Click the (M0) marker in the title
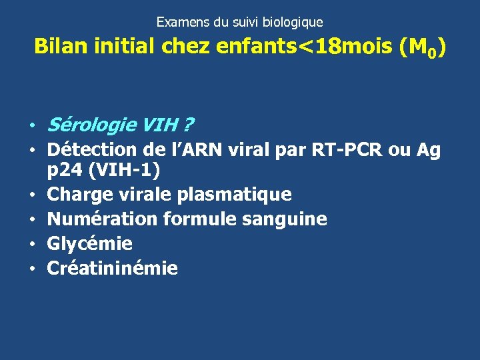[x=422, y=48]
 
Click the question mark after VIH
[x=190, y=125]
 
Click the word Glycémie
[x=90, y=244]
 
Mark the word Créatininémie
[x=113, y=268]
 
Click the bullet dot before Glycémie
[x=32, y=245]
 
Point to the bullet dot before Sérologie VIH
[x=32, y=126]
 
